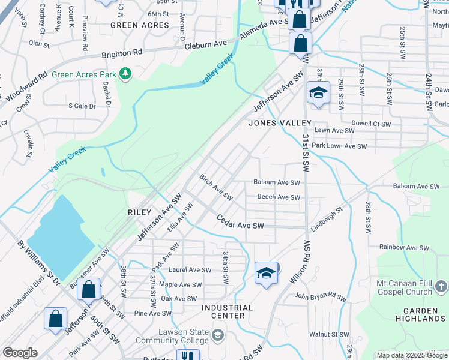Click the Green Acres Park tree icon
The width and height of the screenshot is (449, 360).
click(x=125, y=74)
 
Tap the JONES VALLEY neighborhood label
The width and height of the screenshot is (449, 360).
click(x=280, y=123)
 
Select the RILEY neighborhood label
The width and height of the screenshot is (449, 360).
click(x=139, y=212)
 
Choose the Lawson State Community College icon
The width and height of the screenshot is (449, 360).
click(x=217, y=334)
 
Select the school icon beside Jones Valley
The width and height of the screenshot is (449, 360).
click(x=318, y=92)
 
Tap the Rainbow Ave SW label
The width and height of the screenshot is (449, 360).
click(x=406, y=247)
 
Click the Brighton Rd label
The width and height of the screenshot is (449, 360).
click(x=122, y=53)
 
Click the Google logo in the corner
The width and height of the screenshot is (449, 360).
click(x=20, y=353)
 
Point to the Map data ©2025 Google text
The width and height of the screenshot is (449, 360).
click(x=412, y=355)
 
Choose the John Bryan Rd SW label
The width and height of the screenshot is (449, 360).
click(x=321, y=296)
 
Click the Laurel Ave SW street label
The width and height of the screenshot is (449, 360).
click(x=190, y=270)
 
